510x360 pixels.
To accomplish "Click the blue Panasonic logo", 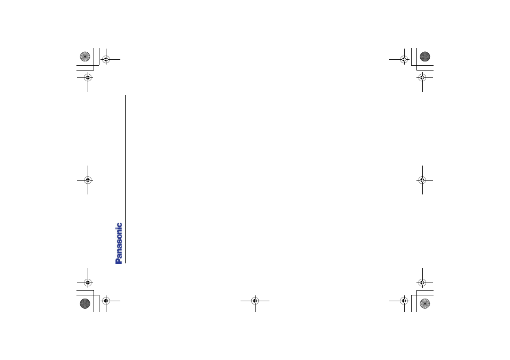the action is click(x=119, y=243).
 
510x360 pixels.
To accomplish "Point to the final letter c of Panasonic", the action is click(x=120, y=224).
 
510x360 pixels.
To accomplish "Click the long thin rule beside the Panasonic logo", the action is click(x=125, y=179).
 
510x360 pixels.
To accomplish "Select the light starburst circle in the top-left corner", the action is click(x=85, y=57).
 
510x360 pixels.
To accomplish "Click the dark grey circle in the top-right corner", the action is click(x=425, y=57).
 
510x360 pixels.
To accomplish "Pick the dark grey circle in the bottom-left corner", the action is click(x=85, y=303).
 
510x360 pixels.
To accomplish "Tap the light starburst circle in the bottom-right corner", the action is click(x=425, y=303).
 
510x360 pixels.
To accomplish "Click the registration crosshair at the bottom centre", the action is click(x=255, y=301).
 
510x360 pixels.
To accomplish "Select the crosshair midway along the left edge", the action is click(x=88, y=180).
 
